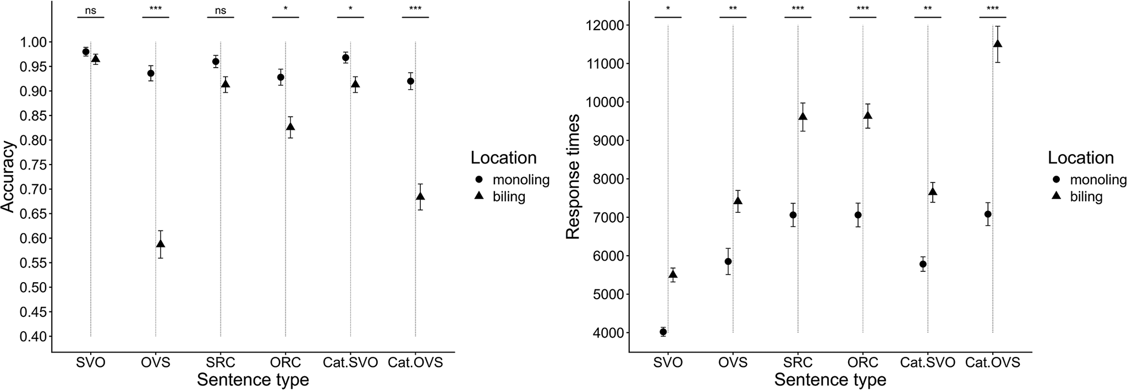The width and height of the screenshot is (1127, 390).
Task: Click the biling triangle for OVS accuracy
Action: click(x=161, y=244)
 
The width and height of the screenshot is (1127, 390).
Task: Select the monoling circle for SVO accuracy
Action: click(x=86, y=52)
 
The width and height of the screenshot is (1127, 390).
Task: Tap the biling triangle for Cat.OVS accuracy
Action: click(x=420, y=196)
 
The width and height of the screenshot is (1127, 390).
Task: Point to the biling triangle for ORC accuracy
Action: click(x=290, y=127)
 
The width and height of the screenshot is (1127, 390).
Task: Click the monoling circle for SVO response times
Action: click(x=663, y=332)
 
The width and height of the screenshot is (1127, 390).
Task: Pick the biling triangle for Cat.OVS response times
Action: click(x=998, y=43)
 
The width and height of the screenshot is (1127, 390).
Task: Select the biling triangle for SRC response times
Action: click(x=803, y=116)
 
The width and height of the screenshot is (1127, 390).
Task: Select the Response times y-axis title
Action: click(x=573, y=177)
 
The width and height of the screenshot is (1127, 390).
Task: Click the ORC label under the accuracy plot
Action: click(x=285, y=363)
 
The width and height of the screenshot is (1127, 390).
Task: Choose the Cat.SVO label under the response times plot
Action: click(x=927, y=363)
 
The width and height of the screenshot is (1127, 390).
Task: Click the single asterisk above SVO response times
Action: click(x=668, y=9)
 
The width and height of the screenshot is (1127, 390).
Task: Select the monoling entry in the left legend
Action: click(x=520, y=179)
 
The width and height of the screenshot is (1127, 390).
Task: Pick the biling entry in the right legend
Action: click(x=1086, y=196)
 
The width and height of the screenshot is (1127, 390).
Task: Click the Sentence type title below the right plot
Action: click(x=830, y=380)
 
